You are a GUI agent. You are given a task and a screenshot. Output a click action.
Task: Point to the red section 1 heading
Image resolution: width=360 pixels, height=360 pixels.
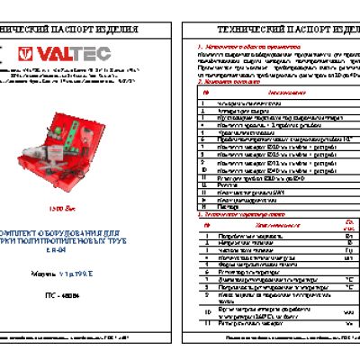pos(243,42)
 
